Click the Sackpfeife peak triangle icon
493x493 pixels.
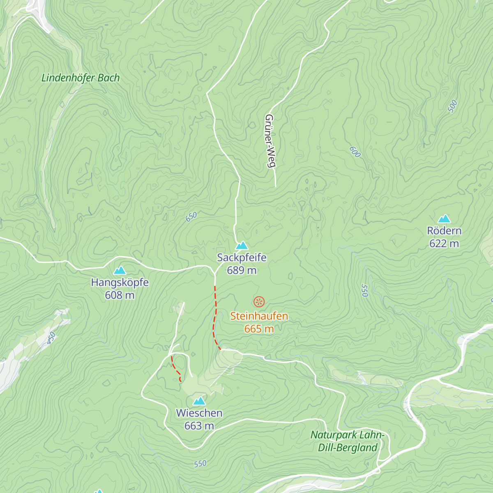242,246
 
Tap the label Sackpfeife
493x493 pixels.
242,258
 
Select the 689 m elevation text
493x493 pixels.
242,270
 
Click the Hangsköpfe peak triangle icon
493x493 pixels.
120,270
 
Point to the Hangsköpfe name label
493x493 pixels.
120,283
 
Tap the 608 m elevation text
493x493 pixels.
120,295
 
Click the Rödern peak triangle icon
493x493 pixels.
444,219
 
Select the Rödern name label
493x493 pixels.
444,231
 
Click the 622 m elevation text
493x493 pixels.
444,244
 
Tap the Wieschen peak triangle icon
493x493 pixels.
199,401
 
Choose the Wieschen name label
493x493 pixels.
199,413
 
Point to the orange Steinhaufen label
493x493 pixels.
259,316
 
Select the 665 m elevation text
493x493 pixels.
259,329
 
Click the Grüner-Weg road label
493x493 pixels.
270,141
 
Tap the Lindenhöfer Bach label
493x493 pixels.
81,78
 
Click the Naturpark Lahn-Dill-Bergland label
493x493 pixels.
348,441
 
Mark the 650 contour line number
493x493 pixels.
191,217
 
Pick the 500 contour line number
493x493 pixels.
452,106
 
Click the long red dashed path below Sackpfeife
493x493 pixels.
214,316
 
